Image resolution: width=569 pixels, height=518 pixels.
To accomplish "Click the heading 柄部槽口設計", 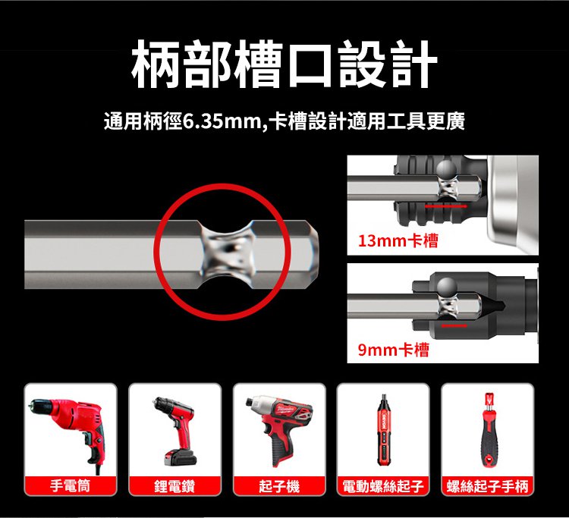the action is click(284, 64).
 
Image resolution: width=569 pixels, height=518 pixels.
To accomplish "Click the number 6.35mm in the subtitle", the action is click(220, 121).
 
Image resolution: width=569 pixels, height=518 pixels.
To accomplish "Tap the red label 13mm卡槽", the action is click(398, 240).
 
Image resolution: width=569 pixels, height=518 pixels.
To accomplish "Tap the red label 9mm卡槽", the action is click(393, 350).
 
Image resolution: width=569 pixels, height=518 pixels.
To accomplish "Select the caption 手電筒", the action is click(70, 485).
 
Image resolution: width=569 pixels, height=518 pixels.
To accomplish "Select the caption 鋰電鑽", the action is click(174, 486).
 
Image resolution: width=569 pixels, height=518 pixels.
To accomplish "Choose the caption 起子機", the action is click(279, 486).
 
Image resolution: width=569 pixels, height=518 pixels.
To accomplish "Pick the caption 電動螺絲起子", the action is click(383, 486).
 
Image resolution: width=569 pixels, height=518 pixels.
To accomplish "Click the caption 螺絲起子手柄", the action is click(487, 486).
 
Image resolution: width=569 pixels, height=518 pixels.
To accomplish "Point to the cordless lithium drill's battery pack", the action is click(181, 457).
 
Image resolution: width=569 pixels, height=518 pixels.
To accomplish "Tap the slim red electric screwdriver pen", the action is click(383, 430).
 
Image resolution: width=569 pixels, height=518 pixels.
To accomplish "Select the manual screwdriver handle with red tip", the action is click(489, 431).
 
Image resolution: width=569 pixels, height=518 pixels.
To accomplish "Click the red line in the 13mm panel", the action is click(446, 206).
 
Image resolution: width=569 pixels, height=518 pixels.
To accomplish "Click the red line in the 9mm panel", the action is click(454, 326).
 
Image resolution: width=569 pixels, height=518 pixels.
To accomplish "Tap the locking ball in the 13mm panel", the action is click(447, 169).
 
